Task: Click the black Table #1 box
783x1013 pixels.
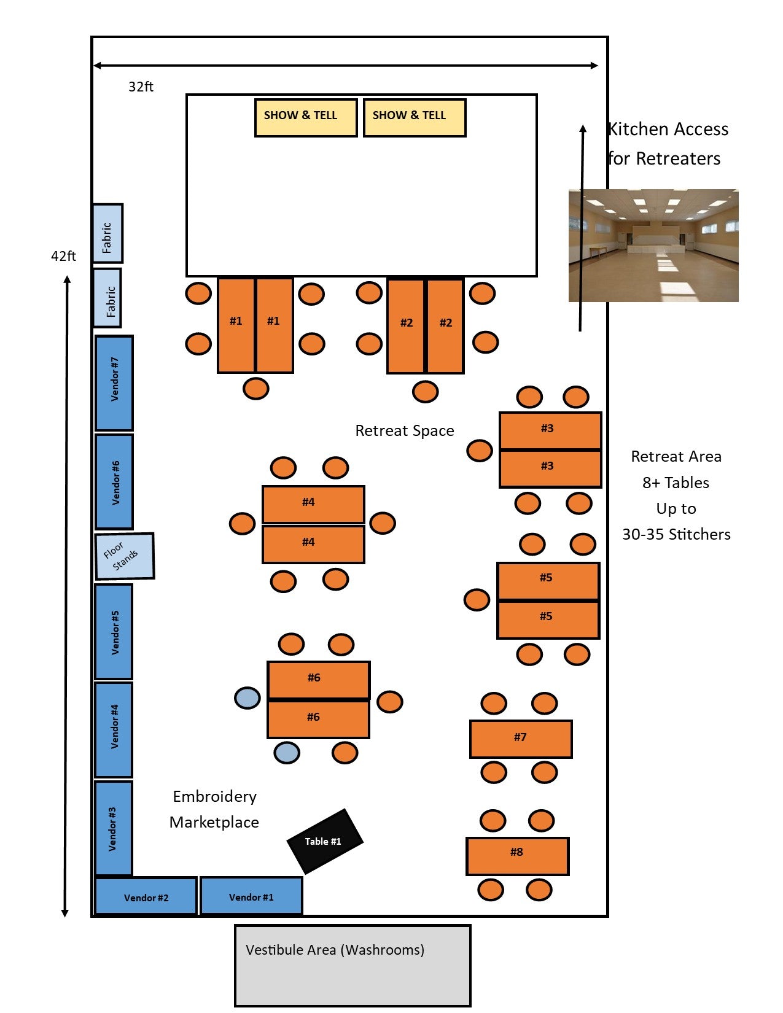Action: pos(324,841)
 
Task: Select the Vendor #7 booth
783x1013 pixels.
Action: pos(114,383)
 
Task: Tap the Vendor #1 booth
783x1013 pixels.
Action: pos(251,896)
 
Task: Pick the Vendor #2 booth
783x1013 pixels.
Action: pos(146,897)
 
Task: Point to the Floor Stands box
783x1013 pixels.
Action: pos(125,556)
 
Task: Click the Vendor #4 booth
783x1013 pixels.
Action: pos(114,730)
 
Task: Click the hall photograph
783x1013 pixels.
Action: pos(653,246)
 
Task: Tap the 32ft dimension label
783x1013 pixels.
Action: pos(141,87)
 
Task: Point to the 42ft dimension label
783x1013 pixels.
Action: pos(63,256)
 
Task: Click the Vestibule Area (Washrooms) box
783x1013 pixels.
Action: pos(353,965)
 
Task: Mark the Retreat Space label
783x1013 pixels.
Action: pos(405,431)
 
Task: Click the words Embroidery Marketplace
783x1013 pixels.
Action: pos(214,809)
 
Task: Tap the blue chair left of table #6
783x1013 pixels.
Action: pos(247,698)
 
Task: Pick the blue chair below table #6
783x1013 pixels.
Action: pos(287,752)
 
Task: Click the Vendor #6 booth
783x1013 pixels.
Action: pos(114,482)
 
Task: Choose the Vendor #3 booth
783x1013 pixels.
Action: pos(114,828)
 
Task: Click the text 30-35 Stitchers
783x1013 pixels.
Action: pos(676,535)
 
